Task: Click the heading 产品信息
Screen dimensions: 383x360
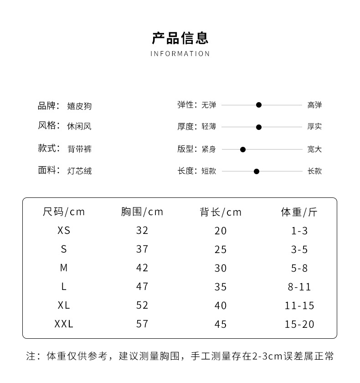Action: (180, 38)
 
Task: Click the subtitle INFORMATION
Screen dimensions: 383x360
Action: (180, 54)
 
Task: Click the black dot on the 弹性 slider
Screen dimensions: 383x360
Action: (259, 105)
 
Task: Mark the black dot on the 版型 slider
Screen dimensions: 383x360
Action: (243, 149)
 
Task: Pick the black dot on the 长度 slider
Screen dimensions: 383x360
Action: (257, 171)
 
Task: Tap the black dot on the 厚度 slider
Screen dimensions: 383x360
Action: (259, 127)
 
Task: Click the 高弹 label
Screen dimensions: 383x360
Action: (314, 105)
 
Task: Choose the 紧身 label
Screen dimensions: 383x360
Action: (209, 149)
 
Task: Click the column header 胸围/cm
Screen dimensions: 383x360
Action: (142, 212)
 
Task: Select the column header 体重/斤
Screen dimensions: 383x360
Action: (299, 212)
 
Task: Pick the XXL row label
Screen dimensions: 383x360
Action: (64, 324)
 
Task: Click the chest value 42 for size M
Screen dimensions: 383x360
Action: (142, 268)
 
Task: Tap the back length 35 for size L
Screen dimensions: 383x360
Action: (221, 287)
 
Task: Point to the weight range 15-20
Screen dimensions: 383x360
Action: (299, 324)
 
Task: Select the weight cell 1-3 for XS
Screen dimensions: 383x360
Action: (299, 231)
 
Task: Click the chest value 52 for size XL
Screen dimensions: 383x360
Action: (142, 305)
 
